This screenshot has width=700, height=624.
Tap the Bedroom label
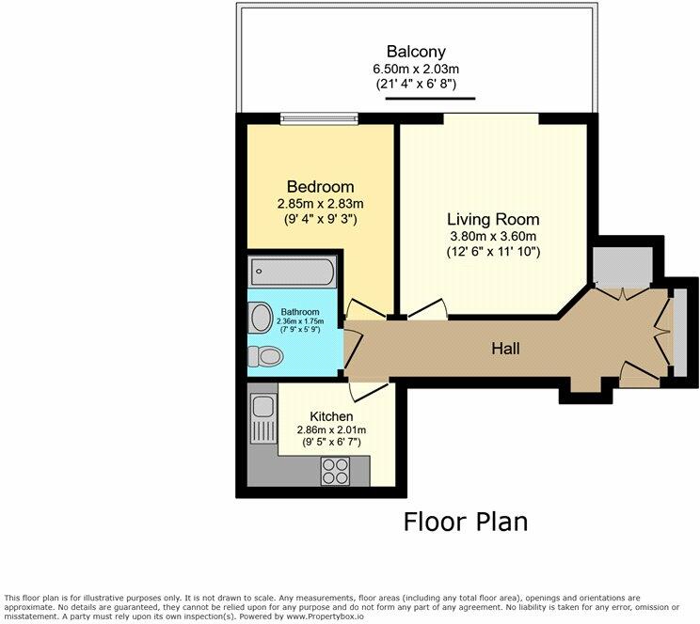click(321, 185)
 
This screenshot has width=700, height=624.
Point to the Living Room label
click(493, 218)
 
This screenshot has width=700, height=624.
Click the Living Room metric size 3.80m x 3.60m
click(493, 236)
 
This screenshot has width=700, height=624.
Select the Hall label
click(505, 349)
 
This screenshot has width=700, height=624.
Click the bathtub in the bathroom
click(293, 273)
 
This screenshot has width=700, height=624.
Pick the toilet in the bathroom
click(263, 356)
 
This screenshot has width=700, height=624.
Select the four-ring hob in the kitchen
click(335, 468)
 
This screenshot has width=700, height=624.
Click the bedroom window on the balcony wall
click(320, 117)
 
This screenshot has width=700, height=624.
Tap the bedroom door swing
click(360, 309)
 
